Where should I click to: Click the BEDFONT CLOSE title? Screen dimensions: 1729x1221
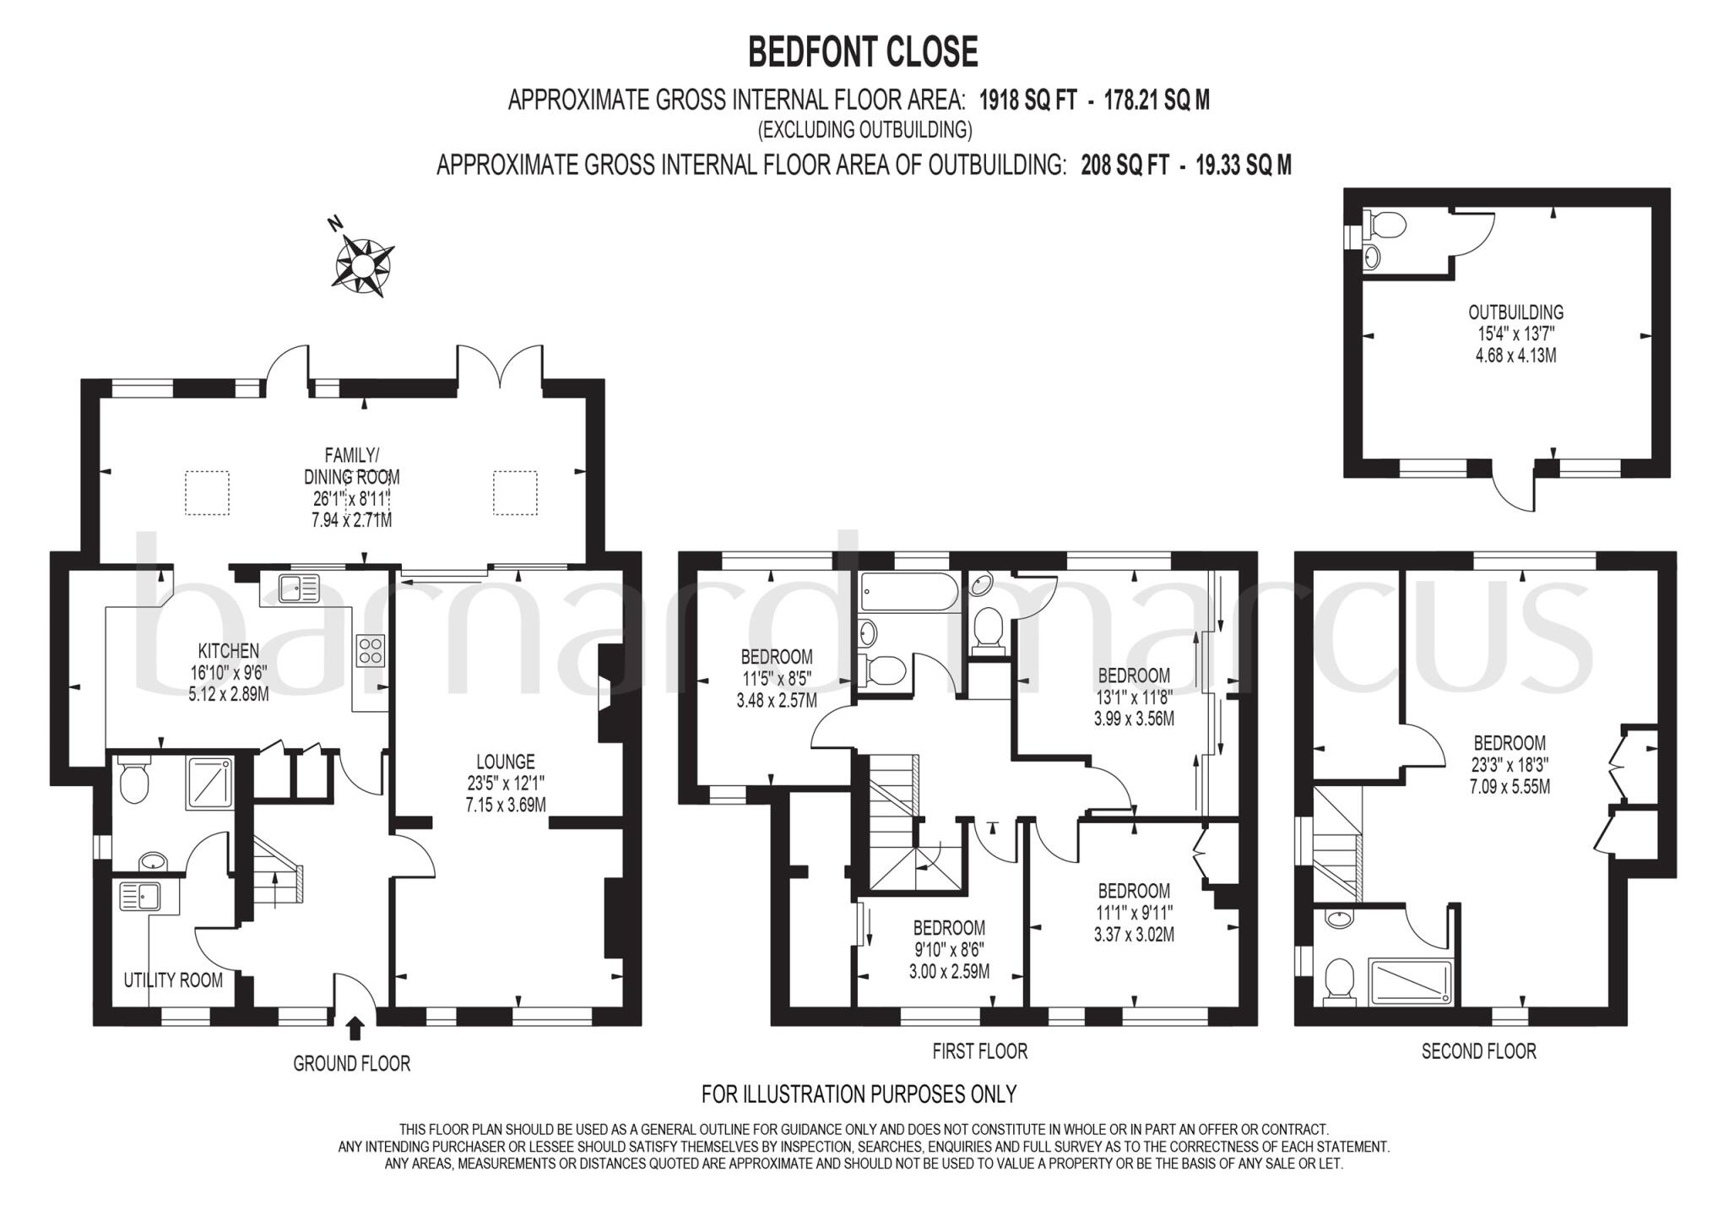[x=863, y=52]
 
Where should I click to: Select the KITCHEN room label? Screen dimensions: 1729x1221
[x=228, y=651]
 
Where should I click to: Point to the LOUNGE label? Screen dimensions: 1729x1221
[x=506, y=762]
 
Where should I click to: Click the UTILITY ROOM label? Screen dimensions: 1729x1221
[x=173, y=980]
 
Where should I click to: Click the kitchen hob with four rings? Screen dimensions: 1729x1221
[x=371, y=651]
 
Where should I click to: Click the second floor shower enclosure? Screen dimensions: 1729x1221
[x=1411, y=983]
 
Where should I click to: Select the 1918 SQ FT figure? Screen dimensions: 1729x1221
[x=1027, y=100]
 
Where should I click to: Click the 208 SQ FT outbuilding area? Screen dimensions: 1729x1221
[x=1125, y=166]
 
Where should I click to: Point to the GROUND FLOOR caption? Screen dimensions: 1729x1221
[x=351, y=1064]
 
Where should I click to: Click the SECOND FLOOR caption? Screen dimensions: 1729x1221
[x=1478, y=1051]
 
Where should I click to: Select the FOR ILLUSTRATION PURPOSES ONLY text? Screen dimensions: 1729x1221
[x=859, y=1094]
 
